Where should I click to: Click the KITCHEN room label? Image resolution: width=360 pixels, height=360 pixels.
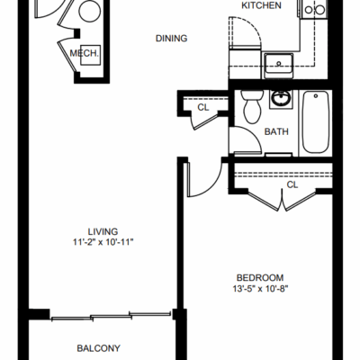(x=261, y=5)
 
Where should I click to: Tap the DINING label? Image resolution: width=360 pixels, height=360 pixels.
(x=172, y=39)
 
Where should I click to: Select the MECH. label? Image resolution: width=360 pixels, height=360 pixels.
(x=84, y=53)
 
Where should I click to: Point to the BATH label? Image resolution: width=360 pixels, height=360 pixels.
(x=276, y=131)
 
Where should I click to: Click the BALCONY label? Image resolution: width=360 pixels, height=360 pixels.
(x=99, y=348)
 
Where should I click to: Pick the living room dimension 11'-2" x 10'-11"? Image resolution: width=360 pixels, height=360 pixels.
(x=103, y=242)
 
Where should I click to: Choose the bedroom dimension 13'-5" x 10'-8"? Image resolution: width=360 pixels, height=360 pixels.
(x=260, y=289)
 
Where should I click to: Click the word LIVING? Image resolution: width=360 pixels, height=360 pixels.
(x=103, y=231)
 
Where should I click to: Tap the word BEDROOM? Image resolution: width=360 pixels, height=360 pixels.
(x=260, y=278)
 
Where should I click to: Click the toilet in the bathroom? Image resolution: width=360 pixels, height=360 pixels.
(x=252, y=106)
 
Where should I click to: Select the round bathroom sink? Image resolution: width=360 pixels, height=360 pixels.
(x=281, y=98)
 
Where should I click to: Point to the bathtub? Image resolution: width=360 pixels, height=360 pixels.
(x=315, y=122)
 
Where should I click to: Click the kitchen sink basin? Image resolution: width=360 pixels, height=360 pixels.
(x=278, y=64)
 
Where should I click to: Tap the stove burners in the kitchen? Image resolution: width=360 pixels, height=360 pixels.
(x=314, y=10)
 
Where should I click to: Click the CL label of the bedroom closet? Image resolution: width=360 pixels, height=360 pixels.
(x=292, y=184)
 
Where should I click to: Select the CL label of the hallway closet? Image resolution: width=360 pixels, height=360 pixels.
(x=203, y=107)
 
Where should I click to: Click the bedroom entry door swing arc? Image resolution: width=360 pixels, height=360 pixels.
(x=213, y=187)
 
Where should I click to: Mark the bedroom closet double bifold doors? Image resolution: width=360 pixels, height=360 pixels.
(x=282, y=200)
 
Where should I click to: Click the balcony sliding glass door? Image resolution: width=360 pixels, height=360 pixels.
(x=111, y=317)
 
